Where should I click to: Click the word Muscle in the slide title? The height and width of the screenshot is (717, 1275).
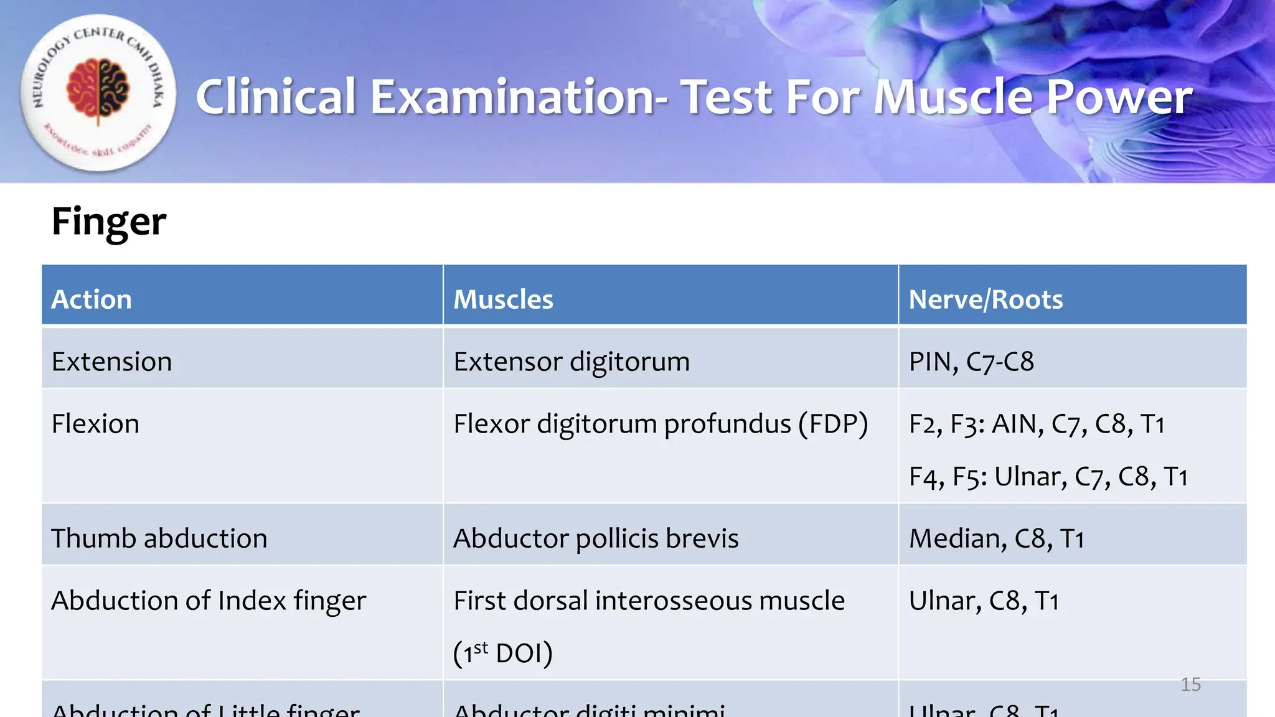point(953,97)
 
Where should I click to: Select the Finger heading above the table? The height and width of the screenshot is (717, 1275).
point(109,222)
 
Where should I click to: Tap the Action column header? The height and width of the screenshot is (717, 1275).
point(92,299)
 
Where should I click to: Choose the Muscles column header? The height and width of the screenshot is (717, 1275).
point(503,299)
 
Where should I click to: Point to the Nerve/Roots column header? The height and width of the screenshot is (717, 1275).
point(986,299)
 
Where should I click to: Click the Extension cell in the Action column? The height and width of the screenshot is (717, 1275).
point(111,362)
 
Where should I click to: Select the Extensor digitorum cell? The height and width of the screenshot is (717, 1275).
point(572,362)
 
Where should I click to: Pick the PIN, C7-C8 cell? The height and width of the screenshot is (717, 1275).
point(971,362)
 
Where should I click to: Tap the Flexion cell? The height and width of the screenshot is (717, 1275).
point(95,424)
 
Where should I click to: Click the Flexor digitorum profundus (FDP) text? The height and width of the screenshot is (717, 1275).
point(661,424)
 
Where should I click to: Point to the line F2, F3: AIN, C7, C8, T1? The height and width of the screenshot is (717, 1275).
point(1037,424)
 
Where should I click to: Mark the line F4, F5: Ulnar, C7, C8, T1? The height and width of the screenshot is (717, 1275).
point(1048,477)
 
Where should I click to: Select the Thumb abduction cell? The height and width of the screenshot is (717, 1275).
point(159,538)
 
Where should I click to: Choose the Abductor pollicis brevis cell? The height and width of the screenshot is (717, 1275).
point(596,538)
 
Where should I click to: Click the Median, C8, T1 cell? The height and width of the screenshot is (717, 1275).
point(997,538)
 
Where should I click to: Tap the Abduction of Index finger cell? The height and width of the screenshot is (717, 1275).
point(209,601)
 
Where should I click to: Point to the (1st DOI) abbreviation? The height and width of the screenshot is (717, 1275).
point(503,653)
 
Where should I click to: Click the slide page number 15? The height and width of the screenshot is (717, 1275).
point(1190,685)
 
